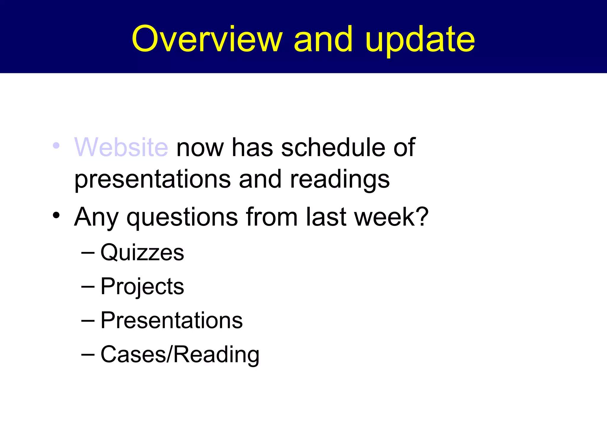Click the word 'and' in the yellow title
point(323,39)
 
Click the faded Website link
point(121,147)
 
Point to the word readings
point(340,180)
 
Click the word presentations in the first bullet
point(152,180)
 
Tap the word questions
point(182,217)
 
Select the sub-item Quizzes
point(142,253)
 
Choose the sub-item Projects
point(142,287)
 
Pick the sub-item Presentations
point(172,321)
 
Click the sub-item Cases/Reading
point(180,354)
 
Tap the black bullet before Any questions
point(56,215)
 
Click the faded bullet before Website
point(56,146)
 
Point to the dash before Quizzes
point(88,253)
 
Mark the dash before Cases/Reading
point(88,355)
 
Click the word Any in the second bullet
point(96,217)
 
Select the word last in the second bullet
point(326,217)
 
